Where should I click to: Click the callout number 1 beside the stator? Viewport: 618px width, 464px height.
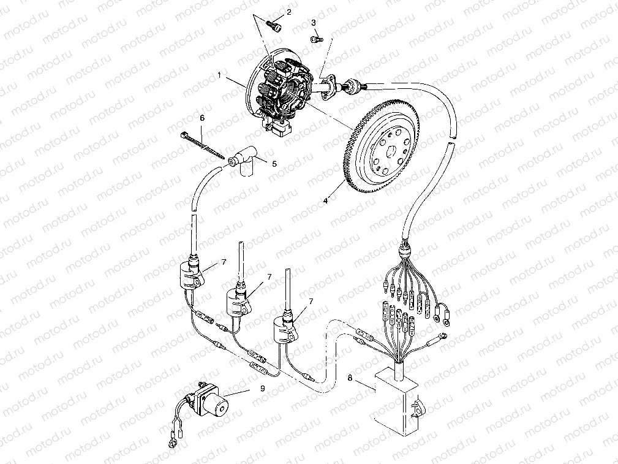click(219, 75)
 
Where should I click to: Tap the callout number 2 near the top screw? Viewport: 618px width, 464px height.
click(289, 12)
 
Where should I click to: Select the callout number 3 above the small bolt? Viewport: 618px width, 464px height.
click(314, 23)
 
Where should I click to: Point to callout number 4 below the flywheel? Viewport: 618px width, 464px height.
click(325, 201)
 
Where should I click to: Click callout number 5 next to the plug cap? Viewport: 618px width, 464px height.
click(274, 164)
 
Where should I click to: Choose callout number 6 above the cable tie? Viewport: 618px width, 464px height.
click(202, 118)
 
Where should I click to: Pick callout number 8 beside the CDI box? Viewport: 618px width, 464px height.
click(350, 378)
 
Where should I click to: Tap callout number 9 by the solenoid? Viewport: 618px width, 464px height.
click(263, 388)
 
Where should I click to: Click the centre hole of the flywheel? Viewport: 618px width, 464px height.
click(391, 151)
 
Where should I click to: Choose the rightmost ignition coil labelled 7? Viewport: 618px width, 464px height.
click(286, 329)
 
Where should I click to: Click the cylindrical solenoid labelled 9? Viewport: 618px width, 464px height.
click(206, 400)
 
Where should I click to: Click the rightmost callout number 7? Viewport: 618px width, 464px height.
click(311, 302)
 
